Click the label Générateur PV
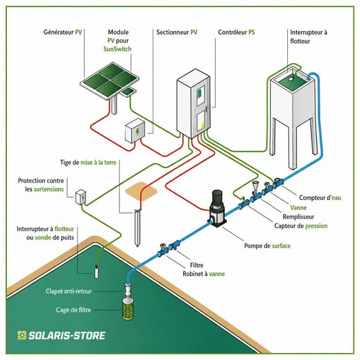pyautogui.click(x=62, y=32)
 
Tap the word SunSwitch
pyautogui.click(x=117, y=49)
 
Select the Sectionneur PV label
pyautogui.click(x=177, y=32)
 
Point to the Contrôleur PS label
pyautogui.click(x=237, y=32)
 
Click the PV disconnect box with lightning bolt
pyautogui.click(x=135, y=131)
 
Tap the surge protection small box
pyautogui.click(x=80, y=197)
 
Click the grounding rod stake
pyautogui.click(x=137, y=228)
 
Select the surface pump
pyautogui.click(x=217, y=208)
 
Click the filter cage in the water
pyautogui.click(x=128, y=309)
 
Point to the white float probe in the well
pyautogui.click(x=96, y=272)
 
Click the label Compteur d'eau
pyautogui.click(x=320, y=198)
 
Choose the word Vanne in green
pyautogui.click(x=298, y=207)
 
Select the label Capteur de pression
pyautogui.click(x=301, y=226)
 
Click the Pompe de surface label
pyautogui.click(x=267, y=246)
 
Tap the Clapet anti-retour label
pyautogui.click(x=69, y=291)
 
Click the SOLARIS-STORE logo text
pyautogui.click(x=61, y=336)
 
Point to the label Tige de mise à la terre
pyautogui.click(x=88, y=162)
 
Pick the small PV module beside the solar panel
pyautogui.click(x=128, y=92)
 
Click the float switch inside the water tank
pyautogui.click(x=291, y=79)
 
